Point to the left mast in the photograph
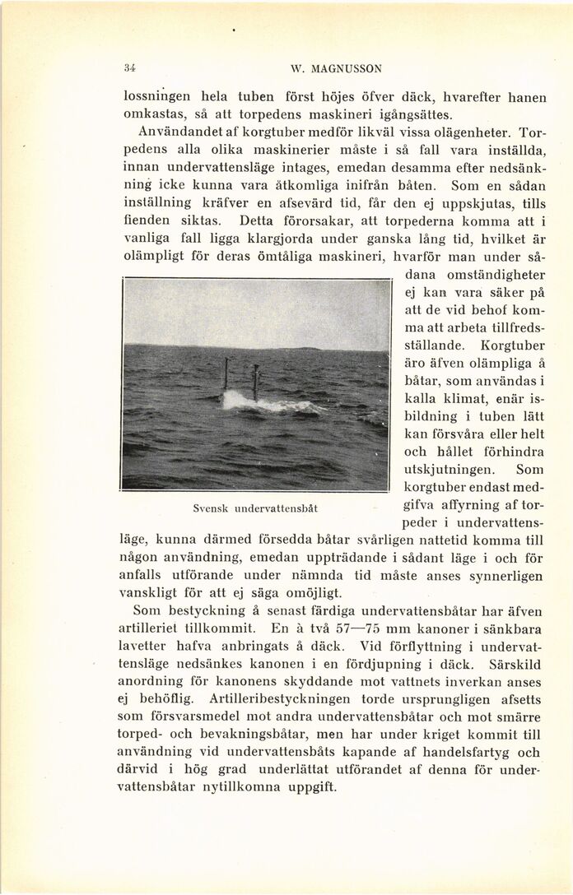tap(225, 374)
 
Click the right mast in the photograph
tap(255, 382)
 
